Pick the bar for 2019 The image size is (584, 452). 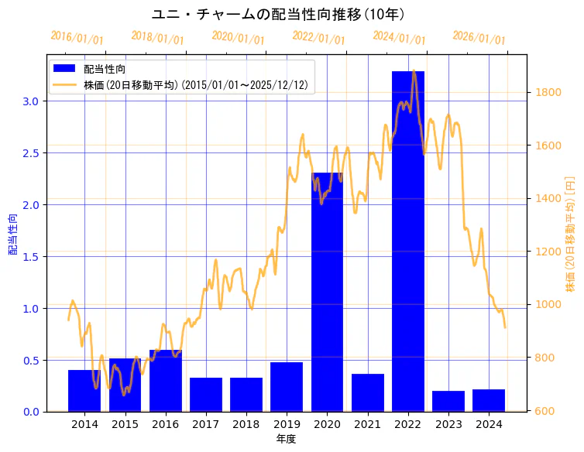pyautogui.click(x=287, y=387)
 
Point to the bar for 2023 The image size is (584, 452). pyautogui.click(x=448, y=401)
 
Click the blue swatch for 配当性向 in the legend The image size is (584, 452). pyautogui.click(x=65, y=69)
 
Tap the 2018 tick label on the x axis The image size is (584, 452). pyautogui.click(x=246, y=425)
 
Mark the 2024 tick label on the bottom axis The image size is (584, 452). pyautogui.click(x=489, y=425)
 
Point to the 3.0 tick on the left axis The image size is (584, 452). pyautogui.click(x=31, y=101)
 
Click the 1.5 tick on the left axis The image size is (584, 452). pyautogui.click(x=31, y=257)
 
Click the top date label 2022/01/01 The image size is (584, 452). pyautogui.click(x=318, y=38)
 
